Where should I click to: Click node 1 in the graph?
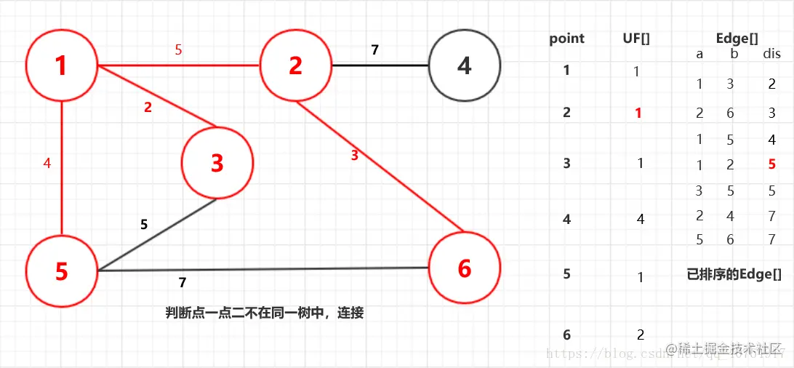(x=62, y=65)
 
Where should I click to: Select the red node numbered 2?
(x=295, y=65)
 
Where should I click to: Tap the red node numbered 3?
(x=217, y=163)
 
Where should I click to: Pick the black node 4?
(x=464, y=65)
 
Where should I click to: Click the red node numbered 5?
(x=62, y=271)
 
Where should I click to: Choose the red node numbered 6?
(x=464, y=268)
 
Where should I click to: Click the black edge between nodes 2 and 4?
(x=380, y=65)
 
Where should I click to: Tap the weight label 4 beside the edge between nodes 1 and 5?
(x=47, y=164)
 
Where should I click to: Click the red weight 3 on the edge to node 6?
(x=355, y=155)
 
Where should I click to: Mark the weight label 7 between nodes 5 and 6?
(x=183, y=282)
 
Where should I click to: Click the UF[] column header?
(x=636, y=39)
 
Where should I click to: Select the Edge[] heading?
(x=737, y=39)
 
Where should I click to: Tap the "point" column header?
(x=566, y=39)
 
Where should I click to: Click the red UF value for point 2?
(x=638, y=113)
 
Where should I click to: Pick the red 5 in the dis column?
(x=771, y=165)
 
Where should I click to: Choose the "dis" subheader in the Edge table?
(x=771, y=55)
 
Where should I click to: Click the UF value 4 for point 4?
(x=640, y=219)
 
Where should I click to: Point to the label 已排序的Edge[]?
(x=734, y=274)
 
